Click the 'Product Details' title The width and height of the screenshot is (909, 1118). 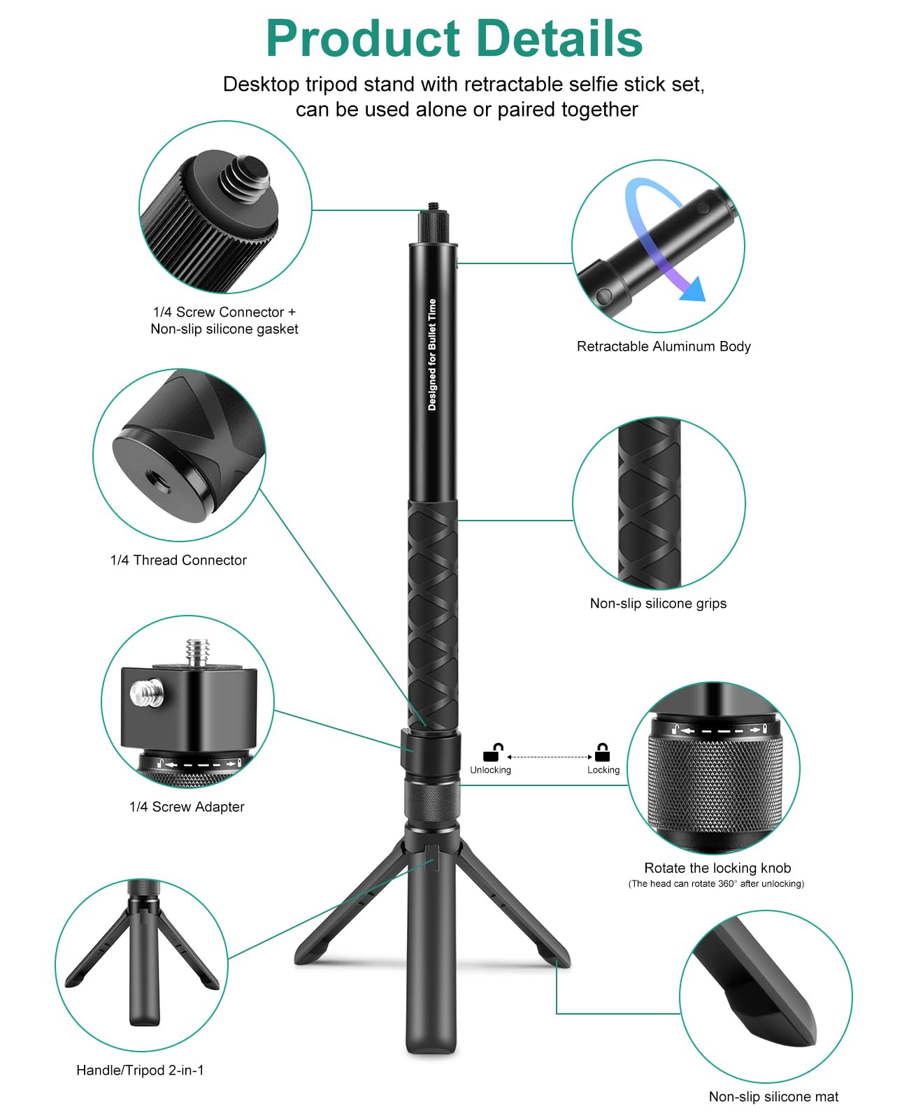tap(454, 38)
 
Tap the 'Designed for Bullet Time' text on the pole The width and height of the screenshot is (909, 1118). tap(432, 354)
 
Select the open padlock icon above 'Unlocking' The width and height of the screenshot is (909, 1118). tap(493, 753)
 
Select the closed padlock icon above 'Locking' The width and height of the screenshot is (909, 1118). tap(602, 753)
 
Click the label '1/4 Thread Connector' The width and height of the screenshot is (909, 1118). tap(178, 560)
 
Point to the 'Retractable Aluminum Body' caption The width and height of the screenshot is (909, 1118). tap(663, 346)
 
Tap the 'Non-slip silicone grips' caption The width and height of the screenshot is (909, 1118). tap(658, 603)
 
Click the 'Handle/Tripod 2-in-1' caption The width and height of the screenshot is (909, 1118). tap(140, 1070)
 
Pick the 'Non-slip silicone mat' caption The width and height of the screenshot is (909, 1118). tap(773, 1096)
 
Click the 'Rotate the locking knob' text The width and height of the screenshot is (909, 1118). tap(717, 868)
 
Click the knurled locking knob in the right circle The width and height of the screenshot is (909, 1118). tap(715, 783)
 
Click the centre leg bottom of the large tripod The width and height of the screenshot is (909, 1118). tap(431, 1045)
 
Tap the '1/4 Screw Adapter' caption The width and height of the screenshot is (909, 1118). tap(187, 806)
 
